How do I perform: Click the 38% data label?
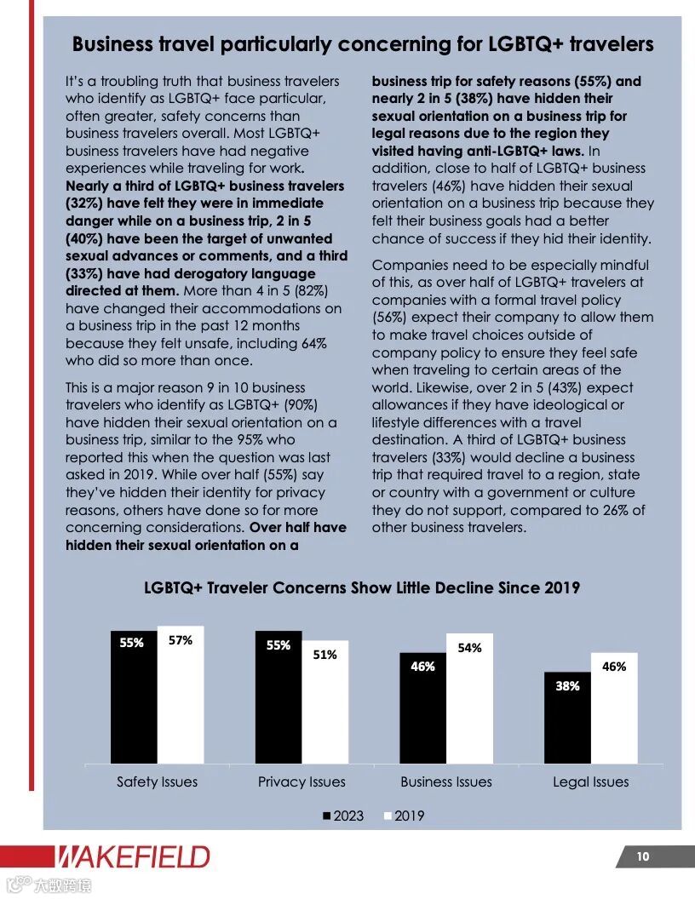coord(567,685)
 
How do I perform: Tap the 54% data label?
coord(469,648)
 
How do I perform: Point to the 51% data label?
coord(325,655)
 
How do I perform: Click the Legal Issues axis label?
coord(590,782)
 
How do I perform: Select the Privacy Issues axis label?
coord(302,782)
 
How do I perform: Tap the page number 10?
coord(642,856)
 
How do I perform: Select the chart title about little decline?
coord(362,587)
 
